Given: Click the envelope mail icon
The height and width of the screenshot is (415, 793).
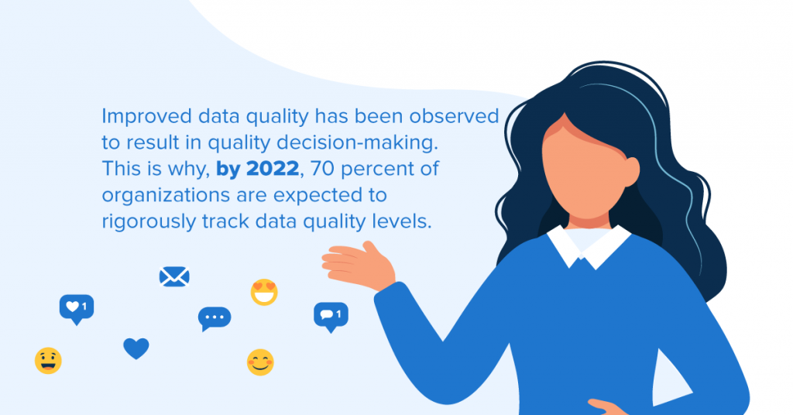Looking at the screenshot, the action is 174,276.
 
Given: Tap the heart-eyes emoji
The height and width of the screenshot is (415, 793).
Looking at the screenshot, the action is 264,292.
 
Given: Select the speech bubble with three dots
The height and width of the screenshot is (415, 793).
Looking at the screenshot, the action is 215,318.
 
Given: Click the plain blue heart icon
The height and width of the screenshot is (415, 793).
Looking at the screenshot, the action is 136,348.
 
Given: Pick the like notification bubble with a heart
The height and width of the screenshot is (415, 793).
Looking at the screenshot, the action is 77,309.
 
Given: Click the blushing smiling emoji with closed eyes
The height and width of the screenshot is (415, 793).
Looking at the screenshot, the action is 260,362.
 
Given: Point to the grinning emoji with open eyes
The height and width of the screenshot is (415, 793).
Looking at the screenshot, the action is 48,361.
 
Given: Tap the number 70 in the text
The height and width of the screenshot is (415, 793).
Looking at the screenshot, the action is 323,169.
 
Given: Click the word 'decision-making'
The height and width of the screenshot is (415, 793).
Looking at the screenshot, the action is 357,143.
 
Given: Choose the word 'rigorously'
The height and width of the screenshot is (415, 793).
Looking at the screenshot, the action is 148,222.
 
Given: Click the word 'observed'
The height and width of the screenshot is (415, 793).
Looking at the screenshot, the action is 454,117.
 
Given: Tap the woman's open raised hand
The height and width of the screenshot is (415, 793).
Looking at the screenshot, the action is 359,266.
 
